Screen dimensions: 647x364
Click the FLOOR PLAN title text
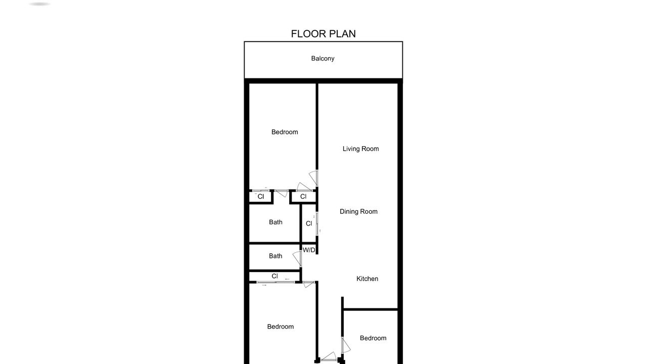pos(323,34)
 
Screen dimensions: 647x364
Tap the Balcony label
pos(322,59)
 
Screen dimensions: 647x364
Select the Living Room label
pos(360,149)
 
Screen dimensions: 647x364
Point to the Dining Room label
pos(358,211)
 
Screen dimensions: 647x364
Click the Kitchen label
pos(367,279)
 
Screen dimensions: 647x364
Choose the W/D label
pos(309,250)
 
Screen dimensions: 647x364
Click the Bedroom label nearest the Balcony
pos(285,132)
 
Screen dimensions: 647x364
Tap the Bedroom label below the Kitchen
pos(373,338)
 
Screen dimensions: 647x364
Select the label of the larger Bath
pos(275,222)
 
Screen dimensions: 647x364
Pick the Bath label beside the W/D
pos(275,256)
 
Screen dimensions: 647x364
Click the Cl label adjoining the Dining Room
pos(309,223)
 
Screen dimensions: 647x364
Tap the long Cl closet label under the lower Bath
pos(274,276)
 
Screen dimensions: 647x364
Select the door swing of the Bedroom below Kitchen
pos(347,345)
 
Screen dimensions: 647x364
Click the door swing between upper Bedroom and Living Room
pos(314,177)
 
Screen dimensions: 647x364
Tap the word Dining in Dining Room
pos(349,212)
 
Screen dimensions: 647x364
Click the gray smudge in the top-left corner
pos(39,4)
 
